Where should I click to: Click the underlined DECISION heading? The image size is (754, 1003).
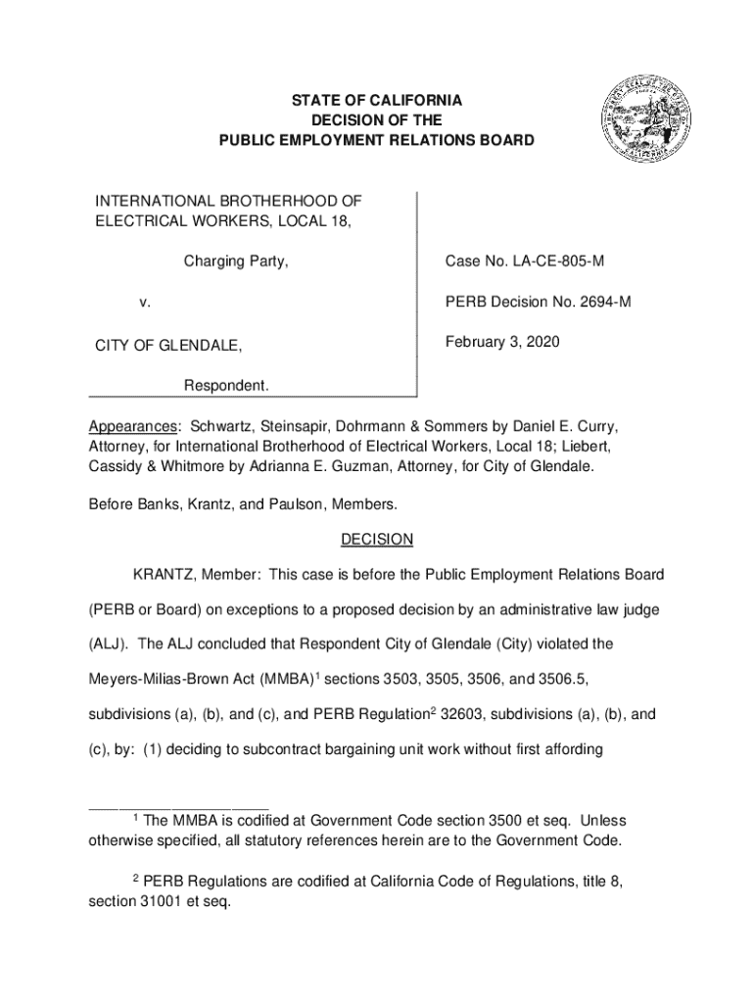(377, 540)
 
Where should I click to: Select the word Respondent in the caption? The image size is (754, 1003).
(226, 386)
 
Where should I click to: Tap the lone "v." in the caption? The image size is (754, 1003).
(144, 303)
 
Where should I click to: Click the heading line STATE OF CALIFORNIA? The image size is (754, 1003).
(377, 101)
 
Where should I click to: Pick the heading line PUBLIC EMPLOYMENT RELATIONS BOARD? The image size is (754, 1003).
(377, 141)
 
